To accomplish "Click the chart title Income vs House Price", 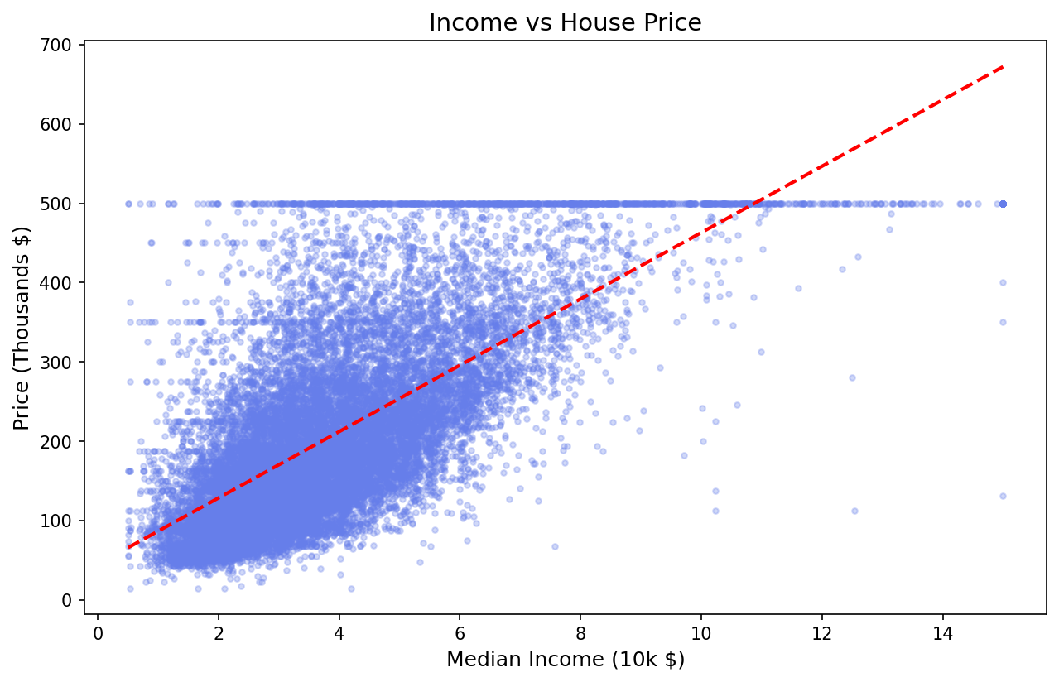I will coord(565,23).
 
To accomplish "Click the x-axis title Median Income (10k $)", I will coord(565,660).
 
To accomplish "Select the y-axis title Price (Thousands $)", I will coord(22,328).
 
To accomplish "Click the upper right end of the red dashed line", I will coord(1003,66).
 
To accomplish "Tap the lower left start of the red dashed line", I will coord(128,547).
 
